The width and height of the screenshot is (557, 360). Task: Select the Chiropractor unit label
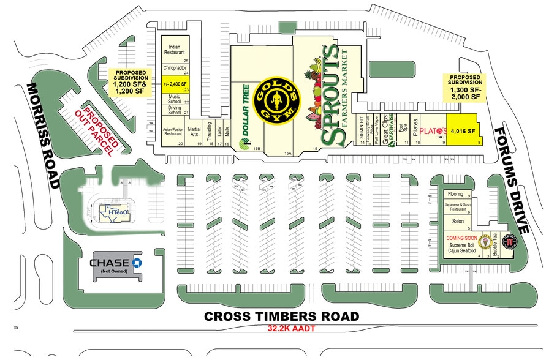pyautogui.click(x=175, y=68)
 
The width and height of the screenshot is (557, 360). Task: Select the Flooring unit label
pyautogui.click(x=455, y=195)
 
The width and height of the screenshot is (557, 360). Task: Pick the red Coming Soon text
pyautogui.click(x=461, y=237)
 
